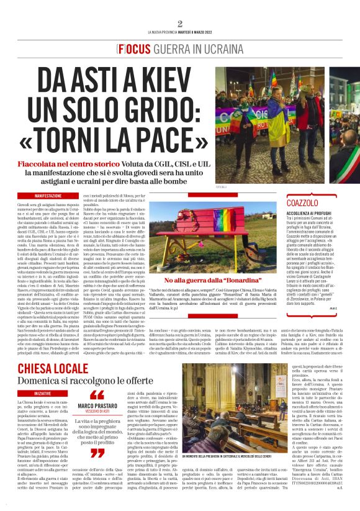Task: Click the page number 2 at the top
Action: click(180, 24)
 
